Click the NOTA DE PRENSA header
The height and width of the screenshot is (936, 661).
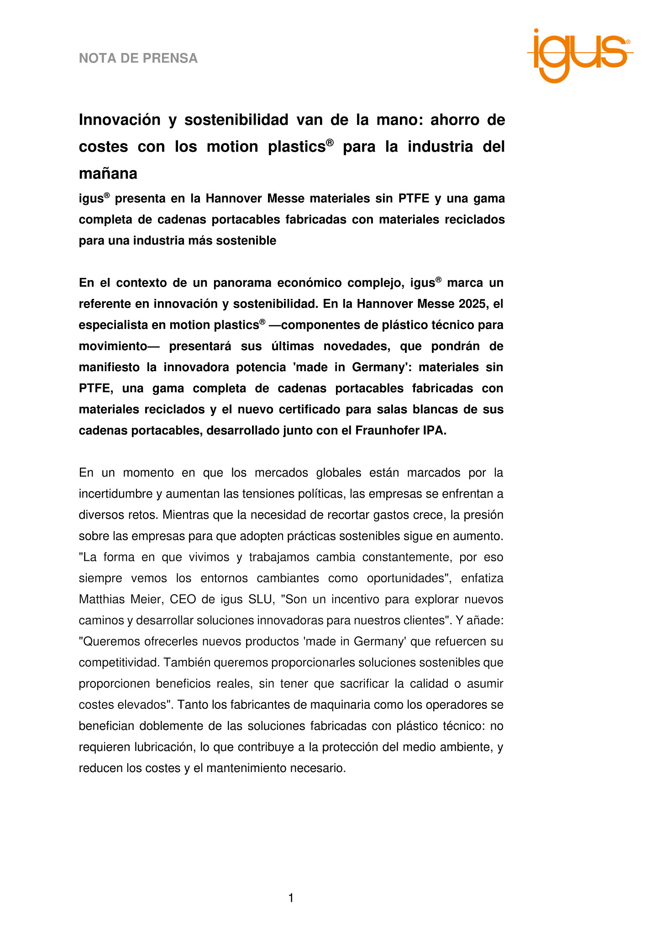(x=138, y=58)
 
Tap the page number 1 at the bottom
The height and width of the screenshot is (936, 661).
(x=291, y=898)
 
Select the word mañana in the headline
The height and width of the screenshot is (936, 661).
(x=108, y=174)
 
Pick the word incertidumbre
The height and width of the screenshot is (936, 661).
(x=116, y=494)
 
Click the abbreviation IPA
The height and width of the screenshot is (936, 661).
(x=434, y=431)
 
